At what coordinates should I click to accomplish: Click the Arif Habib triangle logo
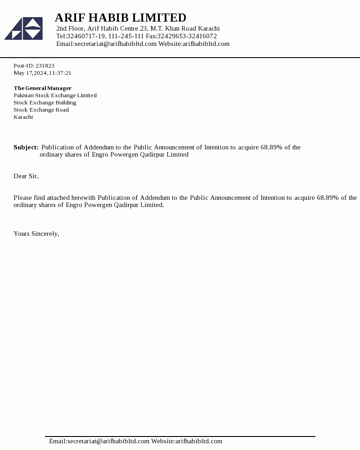tap(24, 29)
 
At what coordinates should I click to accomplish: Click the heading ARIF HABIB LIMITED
tap(120, 18)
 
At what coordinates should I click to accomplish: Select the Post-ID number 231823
tap(45, 66)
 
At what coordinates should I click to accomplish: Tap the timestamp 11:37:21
tap(60, 73)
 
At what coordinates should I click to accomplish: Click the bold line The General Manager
tap(42, 88)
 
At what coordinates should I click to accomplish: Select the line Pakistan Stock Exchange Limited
tap(55, 95)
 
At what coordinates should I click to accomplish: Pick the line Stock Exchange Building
tap(45, 103)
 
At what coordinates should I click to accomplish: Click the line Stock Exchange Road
tap(41, 110)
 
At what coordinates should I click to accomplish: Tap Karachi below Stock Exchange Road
tap(23, 117)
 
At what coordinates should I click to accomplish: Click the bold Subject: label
tap(26, 147)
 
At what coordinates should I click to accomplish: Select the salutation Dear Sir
tap(26, 176)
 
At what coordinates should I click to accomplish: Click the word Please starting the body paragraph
tap(23, 198)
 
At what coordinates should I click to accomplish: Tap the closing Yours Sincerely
tap(36, 234)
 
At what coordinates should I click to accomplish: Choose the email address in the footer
tap(99, 441)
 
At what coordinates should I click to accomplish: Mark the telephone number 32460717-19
tap(86, 36)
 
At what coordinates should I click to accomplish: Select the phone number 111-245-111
tap(126, 36)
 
